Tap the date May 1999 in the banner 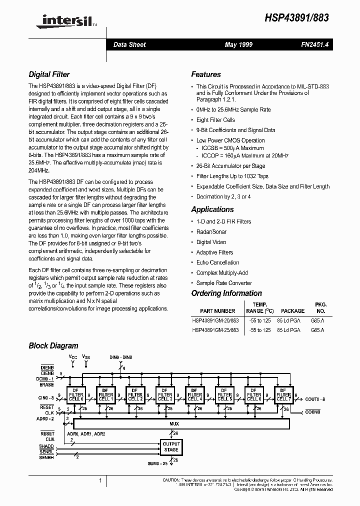[238, 45]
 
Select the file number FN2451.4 [312, 45]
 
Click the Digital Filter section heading [49, 74]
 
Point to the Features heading [206, 74]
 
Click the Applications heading [212, 209]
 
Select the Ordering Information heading [226, 293]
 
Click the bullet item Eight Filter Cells [215, 120]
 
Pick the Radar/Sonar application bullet [211, 232]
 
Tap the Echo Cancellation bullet [217, 262]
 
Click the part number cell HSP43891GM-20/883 [215, 320]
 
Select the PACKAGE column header [292, 311]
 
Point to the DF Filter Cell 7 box [283, 395]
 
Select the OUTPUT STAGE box [171, 447]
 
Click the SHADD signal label [46, 446]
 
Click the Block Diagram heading [53, 345]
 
